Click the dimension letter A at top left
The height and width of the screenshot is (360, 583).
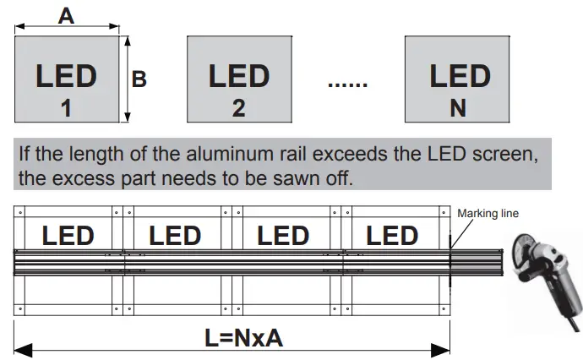tap(65, 14)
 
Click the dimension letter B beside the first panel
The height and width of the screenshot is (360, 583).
tap(139, 79)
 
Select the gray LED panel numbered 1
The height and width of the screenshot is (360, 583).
tap(66, 79)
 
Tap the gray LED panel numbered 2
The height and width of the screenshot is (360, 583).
tap(238, 79)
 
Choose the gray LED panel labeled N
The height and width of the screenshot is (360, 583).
tap(460, 79)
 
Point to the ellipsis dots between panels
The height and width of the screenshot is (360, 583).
tap(346, 84)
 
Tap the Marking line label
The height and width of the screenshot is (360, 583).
tap(488, 214)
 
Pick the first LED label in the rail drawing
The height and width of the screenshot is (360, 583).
tap(68, 235)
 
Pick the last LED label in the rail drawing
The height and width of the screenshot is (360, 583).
tap(392, 235)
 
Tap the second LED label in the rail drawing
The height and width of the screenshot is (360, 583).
tap(175, 235)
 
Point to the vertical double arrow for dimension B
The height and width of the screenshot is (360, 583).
tap(127, 79)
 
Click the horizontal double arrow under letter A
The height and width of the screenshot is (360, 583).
tap(65, 28)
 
